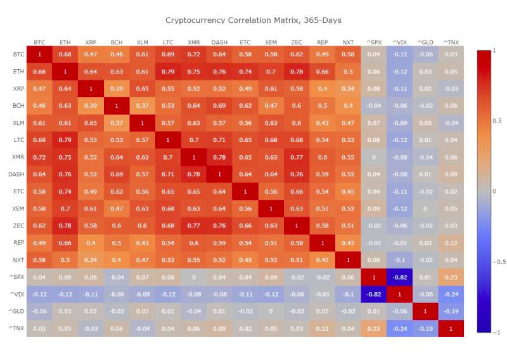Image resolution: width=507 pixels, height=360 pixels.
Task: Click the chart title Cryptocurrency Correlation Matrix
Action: click(253, 20)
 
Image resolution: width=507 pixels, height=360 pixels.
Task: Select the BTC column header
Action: click(39, 42)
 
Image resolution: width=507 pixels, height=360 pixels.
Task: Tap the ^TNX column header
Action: click(451, 42)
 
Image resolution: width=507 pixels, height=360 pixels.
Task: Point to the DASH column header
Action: click(219, 42)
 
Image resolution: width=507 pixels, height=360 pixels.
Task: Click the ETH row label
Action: click(18, 72)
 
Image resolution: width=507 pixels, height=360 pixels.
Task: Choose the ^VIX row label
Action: click(18, 294)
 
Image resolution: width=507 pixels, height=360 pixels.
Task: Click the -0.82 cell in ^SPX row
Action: click(399, 277)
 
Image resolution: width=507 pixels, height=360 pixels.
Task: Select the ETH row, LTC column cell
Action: click(168, 72)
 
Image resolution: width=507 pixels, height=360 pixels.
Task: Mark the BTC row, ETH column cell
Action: click(65, 55)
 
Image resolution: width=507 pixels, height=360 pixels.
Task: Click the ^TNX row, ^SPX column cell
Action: click(374, 328)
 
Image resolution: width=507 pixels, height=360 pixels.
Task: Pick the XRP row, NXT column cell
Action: click(348, 89)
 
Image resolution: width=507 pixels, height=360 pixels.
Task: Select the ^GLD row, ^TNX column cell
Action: click(451, 311)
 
